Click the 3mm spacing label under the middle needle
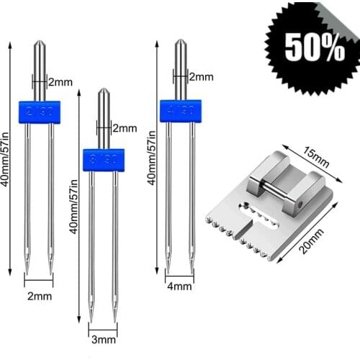[x=104, y=339]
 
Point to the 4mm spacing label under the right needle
[x=178, y=286]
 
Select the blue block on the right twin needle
[x=180, y=112]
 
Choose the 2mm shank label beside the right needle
[x=200, y=76]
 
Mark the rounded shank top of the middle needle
[x=104, y=94]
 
